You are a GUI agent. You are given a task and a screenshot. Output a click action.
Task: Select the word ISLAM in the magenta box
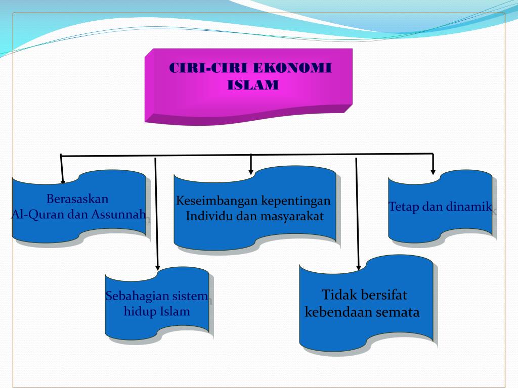pyautogui.click(x=253, y=85)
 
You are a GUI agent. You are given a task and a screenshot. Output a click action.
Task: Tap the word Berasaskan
pyautogui.click(x=77, y=198)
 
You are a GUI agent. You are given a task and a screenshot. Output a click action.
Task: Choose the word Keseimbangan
pyautogui.click(x=217, y=201)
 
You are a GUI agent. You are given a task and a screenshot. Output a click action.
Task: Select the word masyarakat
pyautogui.click(x=292, y=217)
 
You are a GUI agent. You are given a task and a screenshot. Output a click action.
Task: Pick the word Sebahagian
pyautogui.click(x=136, y=296)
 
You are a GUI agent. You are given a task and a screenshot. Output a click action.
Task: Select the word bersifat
pyautogui.click(x=378, y=295)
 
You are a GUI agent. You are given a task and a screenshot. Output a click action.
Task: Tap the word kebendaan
pyautogui.click(x=337, y=312)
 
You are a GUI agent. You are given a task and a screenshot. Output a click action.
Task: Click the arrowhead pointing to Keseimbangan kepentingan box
pyautogui.click(x=251, y=172)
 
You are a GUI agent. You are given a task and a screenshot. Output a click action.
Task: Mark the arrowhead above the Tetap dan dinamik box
pyautogui.click(x=433, y=171)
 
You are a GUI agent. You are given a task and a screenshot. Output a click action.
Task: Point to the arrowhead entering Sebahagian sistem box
pyautogui.click(x=157, y=267)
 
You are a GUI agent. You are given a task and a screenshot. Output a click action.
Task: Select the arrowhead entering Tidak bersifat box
pyautogui.click(x=358, y=267)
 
